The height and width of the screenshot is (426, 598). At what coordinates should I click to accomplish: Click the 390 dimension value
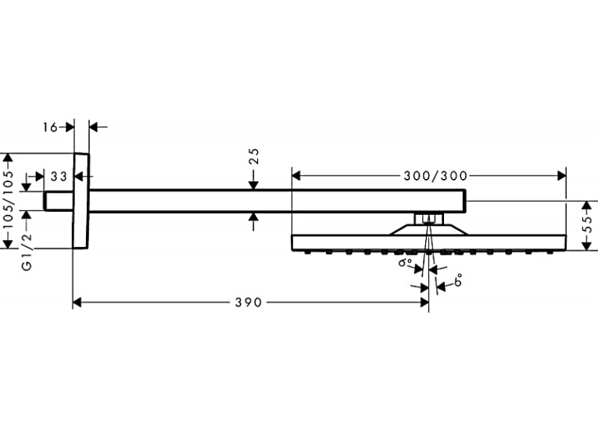pos(249,302)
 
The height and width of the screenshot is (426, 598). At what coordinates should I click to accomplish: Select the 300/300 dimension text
pos(435,176)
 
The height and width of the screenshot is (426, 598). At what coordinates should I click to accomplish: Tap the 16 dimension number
pos(49,127)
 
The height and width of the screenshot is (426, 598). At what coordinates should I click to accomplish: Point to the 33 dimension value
pos(59,177)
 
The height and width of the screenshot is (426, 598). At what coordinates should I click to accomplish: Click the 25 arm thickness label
pos(254,156)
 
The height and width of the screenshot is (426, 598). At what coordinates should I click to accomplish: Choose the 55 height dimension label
pos(589,224)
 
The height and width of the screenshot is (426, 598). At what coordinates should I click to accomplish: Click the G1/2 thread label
pos(27,252)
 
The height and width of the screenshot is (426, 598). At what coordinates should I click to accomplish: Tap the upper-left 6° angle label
pos(405,263)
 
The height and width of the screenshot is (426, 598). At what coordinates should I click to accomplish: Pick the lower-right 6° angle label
pos(458,281)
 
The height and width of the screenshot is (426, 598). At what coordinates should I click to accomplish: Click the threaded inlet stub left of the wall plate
pos(59,201)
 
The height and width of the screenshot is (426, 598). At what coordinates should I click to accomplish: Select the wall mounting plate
pos(81,201)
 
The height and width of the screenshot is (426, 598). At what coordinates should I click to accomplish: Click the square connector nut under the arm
pos(429,219)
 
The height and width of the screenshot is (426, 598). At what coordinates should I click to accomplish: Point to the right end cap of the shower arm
pos(464,201)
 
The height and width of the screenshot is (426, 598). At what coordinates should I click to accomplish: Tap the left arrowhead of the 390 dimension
pos(77,302)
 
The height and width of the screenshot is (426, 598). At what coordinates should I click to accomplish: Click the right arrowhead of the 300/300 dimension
pos(562,176)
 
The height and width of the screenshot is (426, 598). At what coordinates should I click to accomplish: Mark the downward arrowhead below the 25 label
pos(254,185)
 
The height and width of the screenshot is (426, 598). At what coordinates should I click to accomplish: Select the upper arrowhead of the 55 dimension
pos(586,206)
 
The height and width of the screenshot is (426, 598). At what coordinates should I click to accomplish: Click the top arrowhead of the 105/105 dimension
pos(8,158)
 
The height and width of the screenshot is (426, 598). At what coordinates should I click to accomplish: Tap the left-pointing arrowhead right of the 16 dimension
pos(94,127)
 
